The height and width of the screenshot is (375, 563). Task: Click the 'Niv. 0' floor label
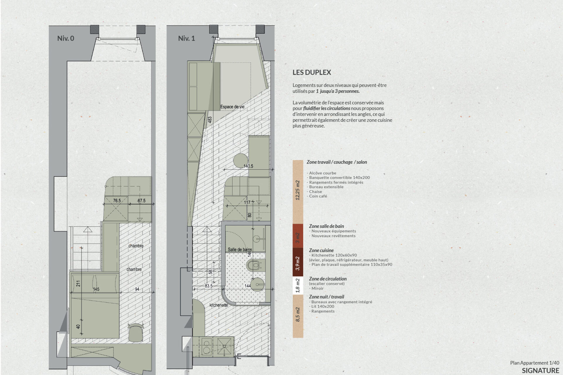click(x=66, y=38)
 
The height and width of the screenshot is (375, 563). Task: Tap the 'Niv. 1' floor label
click(x=186, y=38)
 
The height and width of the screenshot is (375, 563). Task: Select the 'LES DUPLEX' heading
click(x=312, y=72)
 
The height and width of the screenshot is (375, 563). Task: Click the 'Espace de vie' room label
click(x=232, y=107)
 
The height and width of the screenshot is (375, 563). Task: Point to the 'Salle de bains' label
click(x=240, y=250)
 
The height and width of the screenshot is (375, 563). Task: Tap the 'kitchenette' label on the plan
click(x=219, y=305)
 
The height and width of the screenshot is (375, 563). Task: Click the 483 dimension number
click(x=210, y=120)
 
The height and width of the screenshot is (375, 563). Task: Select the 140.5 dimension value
click(x=248, y=166)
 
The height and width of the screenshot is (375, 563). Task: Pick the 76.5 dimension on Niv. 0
click(x=117, y=201)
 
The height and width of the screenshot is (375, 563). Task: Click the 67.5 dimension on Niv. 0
click(x=142, y=201)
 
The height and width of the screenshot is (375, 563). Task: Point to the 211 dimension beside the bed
click(x=78, y=284)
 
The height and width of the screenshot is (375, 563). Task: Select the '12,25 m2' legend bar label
click(x=298, y=190)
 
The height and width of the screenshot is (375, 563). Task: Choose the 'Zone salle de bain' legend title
click(x=326, y=226)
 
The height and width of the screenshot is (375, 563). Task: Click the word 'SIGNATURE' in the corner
click(x=540, y=371)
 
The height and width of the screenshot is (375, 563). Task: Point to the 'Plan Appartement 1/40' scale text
click(x=535, y=363)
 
